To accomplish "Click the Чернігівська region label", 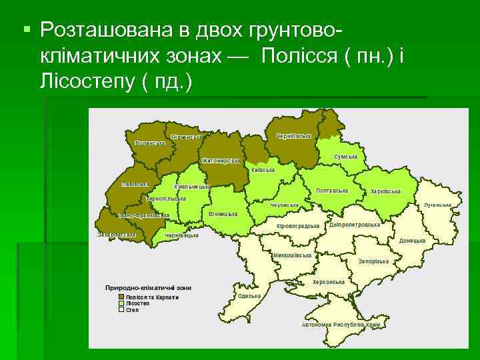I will (x=293, y=137).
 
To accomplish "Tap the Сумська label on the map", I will (x=345, y=157).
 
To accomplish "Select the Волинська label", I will (x=149, y=143).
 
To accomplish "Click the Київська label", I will (x=263, y=170).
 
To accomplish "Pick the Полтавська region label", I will (x=332, y=191).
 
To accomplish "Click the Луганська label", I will (x=437, y=205).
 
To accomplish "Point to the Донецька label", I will (x=412, y=240).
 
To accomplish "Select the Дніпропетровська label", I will (x=355, y=225).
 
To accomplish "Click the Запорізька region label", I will (x=373, y=261).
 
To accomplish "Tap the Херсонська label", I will (x=329, y=282).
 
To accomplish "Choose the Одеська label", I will (x=249, y=295).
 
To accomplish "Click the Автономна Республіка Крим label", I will (x=341, y=325).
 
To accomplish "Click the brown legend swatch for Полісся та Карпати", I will (x=121, y=297).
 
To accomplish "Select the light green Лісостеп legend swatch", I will (x=121, y=303).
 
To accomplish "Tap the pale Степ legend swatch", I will (x=121, y=309).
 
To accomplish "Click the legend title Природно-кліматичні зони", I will (x=148, y=288).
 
